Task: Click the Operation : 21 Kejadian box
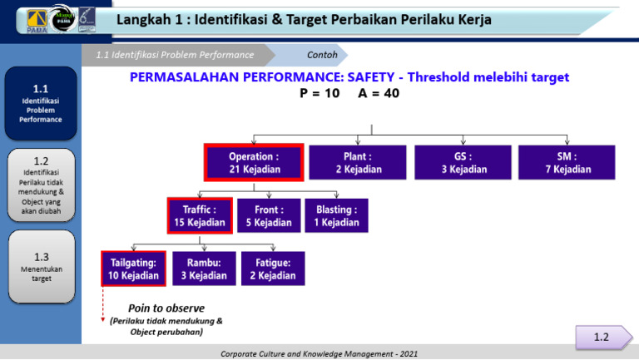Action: point(254,162)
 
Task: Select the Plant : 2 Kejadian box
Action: point(358,162)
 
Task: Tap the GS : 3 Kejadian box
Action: point(463,162)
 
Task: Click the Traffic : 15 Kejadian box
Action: point(200,216)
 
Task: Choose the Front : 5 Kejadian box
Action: point(269,216)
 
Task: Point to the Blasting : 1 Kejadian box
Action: point(337,216)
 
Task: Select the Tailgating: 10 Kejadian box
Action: point(133,269)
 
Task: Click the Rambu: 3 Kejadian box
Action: point(203,269)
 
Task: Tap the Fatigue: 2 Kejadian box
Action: point(273,269)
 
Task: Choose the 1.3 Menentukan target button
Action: point(40,266)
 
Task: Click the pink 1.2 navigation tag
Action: point(601,337)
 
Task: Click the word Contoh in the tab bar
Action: point(322,55)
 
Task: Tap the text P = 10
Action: point(319,94)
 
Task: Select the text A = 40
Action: point(379,94)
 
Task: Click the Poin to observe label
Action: point(166,308)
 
